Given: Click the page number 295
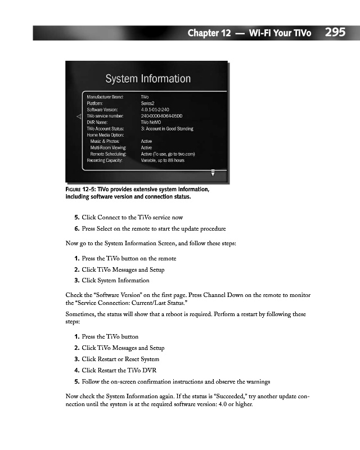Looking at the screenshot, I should coord(335,32).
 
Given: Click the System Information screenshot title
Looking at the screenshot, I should coord(148,79).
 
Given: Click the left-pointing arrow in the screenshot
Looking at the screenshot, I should coord(79,116).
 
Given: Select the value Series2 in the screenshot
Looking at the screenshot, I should coord(149,103).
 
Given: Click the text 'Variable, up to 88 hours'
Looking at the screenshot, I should coord(163,160).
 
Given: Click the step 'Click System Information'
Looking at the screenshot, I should coord(115,280).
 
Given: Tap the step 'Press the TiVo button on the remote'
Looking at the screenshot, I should coord(129,258).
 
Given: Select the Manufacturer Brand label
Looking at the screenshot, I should coord(105,97).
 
